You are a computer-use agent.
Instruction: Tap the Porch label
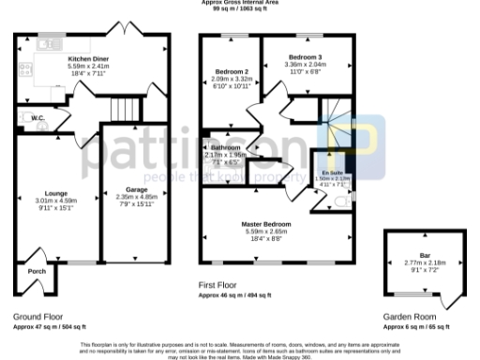(37, 271)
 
